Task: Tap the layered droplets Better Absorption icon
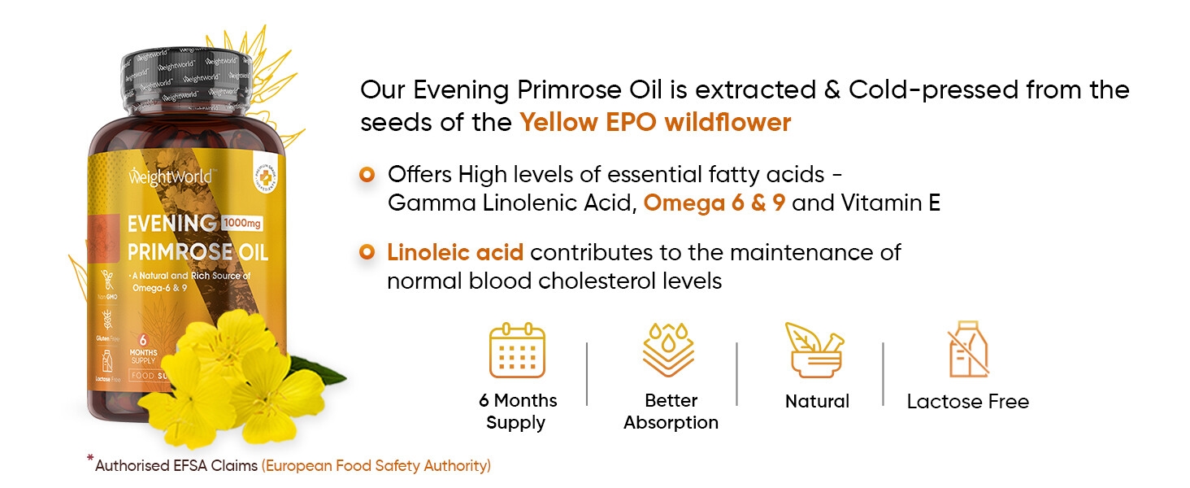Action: tap(668, 351)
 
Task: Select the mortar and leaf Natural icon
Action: tap(814, 351)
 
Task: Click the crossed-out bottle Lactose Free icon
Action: tap(968, 353)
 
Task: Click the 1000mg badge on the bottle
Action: tap(242, 223)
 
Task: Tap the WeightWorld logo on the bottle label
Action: tap(170, 176)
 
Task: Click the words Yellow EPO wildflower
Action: tap(655, 123)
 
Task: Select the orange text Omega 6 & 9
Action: tap(714, 203)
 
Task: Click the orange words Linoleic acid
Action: tap(455, 252)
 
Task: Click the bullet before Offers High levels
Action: tap(367, 174)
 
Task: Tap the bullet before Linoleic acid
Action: tap(367, 252)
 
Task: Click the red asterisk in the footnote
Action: tap(90, 460)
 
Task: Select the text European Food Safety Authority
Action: tap(376, 466)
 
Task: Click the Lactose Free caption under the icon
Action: tap(967, 401)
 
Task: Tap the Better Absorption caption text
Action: tap(671, 412)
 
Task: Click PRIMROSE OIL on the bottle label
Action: tap(197, 251)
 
